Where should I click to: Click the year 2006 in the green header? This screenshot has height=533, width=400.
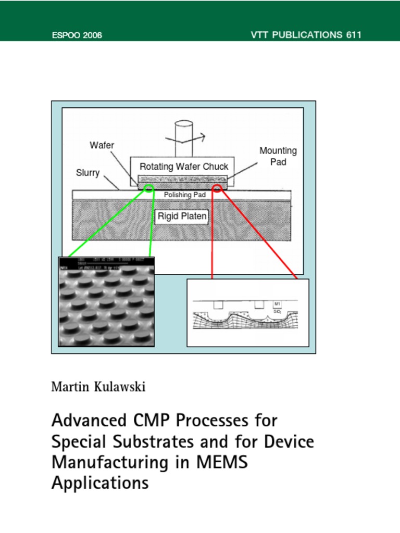click(92, 35)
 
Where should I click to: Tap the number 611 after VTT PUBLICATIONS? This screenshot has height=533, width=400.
click(353, 35)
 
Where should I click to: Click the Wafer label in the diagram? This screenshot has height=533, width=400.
click(102, 145)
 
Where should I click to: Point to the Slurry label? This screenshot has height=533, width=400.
click(87, 173)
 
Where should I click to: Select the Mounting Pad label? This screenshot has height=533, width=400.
click(278, 156)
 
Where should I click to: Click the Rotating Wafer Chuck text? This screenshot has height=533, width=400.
click(184, 167)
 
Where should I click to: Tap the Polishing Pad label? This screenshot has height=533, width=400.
click(184, 195)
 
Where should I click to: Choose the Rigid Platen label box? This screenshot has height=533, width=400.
click(182, 216)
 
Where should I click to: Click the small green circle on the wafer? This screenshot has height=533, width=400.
click(149, 188)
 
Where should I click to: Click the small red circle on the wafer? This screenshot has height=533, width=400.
click(217, 188)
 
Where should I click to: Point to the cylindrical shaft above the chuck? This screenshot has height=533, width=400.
click(183, 138)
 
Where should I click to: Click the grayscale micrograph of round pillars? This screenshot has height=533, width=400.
click(106, 302)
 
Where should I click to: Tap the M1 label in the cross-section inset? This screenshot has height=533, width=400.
click(277, 303)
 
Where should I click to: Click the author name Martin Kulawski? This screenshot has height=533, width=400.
click(98, 387)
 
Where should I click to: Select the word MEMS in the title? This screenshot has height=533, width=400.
click(223, 462)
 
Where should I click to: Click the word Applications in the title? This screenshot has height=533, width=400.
click(100, 483)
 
